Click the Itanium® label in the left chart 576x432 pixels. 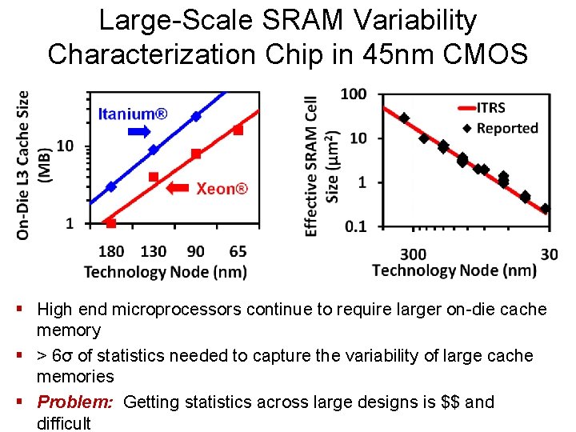point(133,114)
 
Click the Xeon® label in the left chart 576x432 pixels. point(222,189)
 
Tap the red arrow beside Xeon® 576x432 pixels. point(179,189)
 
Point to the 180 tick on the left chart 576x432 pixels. point(111,251)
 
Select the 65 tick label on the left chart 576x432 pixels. point(237,251)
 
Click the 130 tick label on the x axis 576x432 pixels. point(154,251)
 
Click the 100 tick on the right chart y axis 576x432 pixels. point(353,94)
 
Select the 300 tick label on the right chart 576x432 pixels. point(413,254)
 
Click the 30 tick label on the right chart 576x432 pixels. point(550,254)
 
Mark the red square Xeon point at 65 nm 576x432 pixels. point(238,130)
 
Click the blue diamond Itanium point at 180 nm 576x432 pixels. point(111,186)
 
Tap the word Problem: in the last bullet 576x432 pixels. point(77,402)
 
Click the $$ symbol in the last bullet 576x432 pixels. point(450,402)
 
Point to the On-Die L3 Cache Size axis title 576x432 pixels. point(32,164)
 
